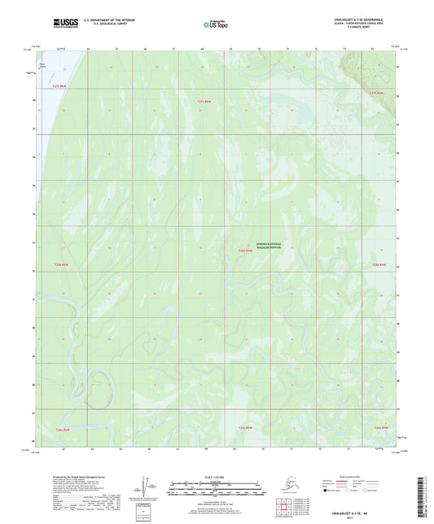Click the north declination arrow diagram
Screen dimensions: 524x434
coord(146,488)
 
